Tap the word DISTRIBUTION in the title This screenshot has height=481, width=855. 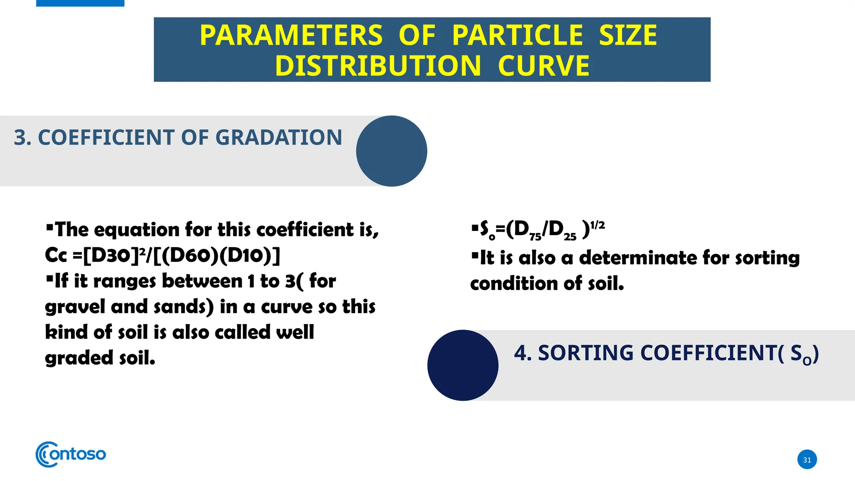(x=378, y=66)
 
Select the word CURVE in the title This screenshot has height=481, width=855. (x=544, y=66)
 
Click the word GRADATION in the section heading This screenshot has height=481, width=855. (x=278, y=137)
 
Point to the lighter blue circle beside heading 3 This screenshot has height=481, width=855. (x=391, y=151)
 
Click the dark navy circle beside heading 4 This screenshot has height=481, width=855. (x=463, y=365)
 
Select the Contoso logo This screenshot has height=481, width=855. (x=71, y=454)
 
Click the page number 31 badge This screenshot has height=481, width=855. (x=807, y=460)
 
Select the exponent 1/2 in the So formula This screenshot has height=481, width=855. (x=597, y=225)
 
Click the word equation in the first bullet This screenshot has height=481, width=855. (x=137, y=230)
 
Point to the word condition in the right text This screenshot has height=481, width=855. (x=514, y=284)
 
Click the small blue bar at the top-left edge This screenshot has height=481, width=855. (x=80, y=3)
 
